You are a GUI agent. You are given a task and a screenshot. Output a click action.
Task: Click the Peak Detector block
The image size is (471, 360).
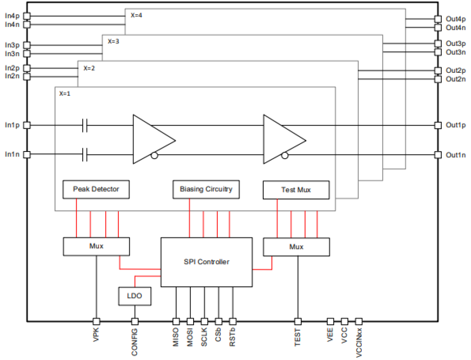tap(96, 189)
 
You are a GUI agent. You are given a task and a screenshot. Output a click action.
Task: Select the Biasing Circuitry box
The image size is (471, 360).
tap(206, 189)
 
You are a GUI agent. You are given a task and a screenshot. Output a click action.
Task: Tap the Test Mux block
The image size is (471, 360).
tap(296, 190)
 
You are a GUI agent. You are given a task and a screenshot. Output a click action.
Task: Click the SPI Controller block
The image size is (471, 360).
tap(206, 262)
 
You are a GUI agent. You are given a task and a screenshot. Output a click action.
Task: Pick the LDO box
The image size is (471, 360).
tap(135, 296)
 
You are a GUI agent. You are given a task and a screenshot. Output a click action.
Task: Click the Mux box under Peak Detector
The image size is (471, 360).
tap(96, 246)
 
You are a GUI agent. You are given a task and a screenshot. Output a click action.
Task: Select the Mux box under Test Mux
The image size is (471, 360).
tap(296, 247)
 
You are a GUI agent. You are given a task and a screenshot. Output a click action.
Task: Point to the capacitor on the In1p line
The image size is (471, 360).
tap(85, 125)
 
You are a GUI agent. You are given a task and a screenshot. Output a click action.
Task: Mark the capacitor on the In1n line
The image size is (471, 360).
tap(85, 154)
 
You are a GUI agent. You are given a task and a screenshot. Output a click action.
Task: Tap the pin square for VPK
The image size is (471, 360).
tap(96, 321)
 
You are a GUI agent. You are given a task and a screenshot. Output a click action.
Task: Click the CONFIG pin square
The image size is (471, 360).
tap(135, 321)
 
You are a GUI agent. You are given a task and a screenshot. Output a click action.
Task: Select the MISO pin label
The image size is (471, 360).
tap(176, 337)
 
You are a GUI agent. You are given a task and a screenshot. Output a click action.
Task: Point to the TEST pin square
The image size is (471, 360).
tap(298, 321)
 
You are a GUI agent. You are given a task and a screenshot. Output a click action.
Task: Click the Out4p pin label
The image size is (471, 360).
tap(455, 19)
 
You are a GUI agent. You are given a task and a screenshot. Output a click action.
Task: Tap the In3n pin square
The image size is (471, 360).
tap(27, 54)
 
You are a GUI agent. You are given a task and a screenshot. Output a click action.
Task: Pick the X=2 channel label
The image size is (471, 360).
tap(89, 68)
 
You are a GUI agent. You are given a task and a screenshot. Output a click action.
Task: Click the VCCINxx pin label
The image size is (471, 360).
tap(359, 342)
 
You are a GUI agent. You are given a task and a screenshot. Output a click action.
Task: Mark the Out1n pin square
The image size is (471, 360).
tap(438, 154)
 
